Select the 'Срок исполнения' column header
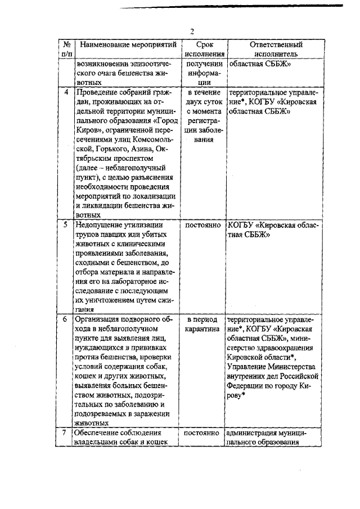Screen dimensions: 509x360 pos(204,49)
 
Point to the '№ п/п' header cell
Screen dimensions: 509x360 pos(66,49)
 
